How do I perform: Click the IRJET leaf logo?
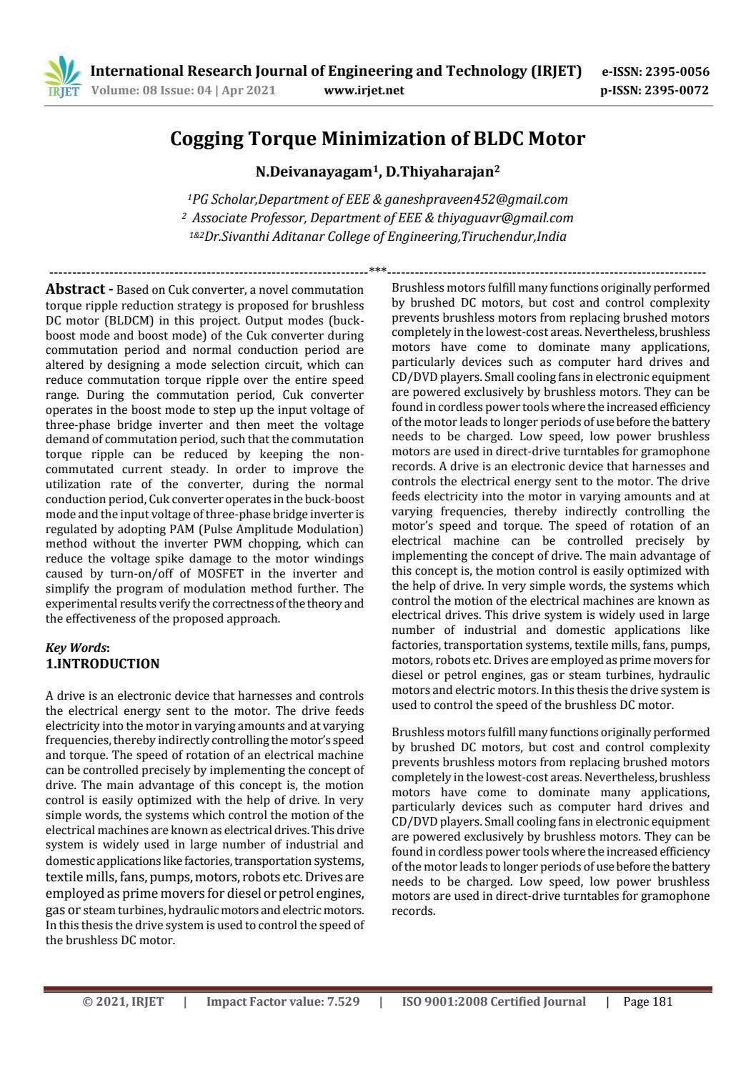tap(62, 76)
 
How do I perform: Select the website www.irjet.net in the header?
tap(364, 90)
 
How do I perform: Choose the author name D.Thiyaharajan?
tap(442, 172)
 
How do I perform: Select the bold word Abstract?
tap(75, 289)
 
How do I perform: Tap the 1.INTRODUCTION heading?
tap(102, 664)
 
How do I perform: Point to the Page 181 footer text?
tap(648, 1002)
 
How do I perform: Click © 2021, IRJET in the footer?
tap(123, 1002)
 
